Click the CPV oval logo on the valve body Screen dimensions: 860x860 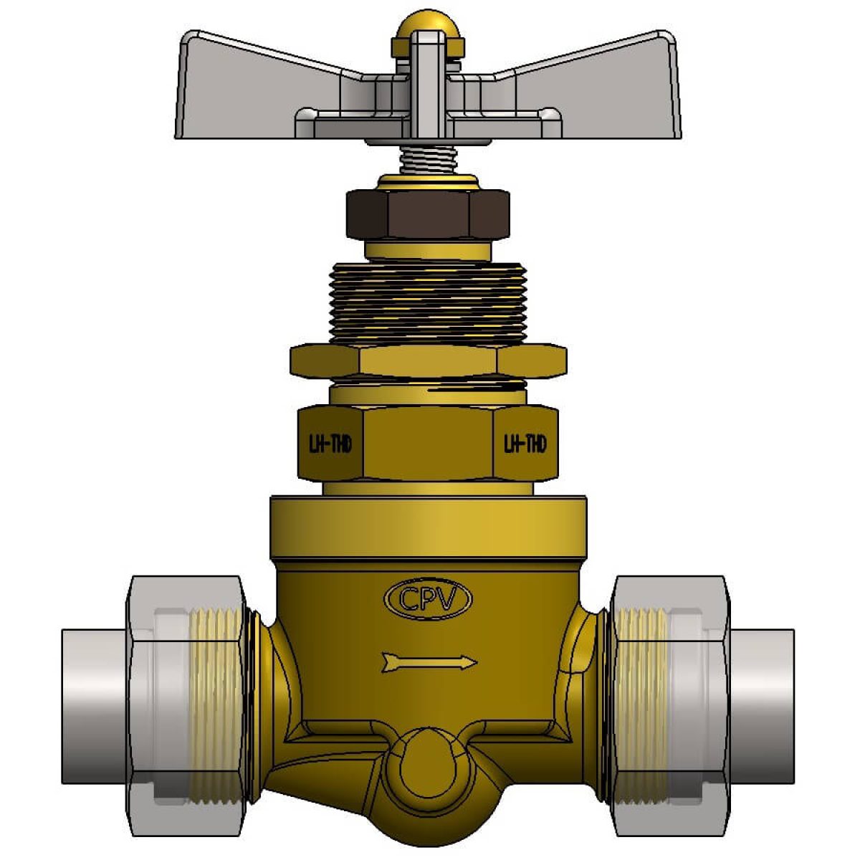pos(428,599)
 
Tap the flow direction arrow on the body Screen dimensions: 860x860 pos(429,662)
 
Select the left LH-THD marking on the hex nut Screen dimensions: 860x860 pos(330,444)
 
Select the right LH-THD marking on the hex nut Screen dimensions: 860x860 pos(525,444)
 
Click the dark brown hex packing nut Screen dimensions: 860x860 pos(428,215)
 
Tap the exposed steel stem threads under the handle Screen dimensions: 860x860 pos(428,159)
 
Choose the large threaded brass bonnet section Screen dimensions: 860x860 pos(428,304)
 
